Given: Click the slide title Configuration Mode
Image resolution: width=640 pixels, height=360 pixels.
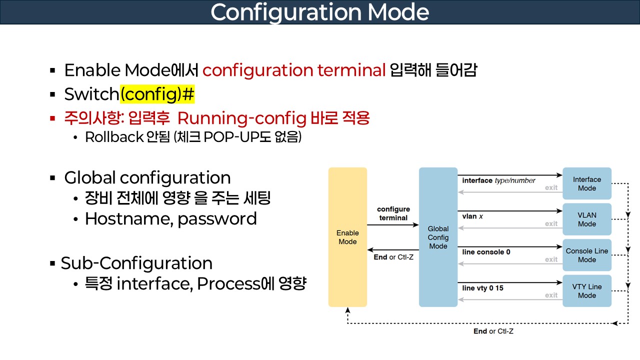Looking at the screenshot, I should [320, 12].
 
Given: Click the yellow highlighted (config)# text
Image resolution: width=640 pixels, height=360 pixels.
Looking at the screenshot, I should [157, 94].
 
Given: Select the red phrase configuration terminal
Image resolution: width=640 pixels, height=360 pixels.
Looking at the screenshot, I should [294, 70].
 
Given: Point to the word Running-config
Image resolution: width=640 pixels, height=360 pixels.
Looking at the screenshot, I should [241, 118].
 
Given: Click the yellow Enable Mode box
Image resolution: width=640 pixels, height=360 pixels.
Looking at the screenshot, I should [347, 237].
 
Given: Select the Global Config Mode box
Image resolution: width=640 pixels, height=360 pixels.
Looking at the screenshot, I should [438, 237].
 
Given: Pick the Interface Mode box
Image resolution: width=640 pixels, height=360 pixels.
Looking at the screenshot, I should [587, 183].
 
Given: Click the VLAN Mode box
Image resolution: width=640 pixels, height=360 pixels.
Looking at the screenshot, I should [587, 219].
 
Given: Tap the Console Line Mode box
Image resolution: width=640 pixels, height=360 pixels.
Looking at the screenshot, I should [587, 255].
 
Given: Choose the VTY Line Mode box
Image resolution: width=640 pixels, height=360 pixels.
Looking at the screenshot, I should [587, 291].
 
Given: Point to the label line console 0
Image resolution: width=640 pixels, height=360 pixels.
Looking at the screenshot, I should [486, 252].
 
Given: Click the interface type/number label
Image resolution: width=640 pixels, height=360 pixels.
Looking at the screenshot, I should [499, 180].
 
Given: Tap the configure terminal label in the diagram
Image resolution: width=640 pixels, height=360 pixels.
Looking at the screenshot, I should [393, 213].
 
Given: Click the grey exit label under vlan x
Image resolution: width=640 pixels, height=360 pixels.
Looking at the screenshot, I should [551, 223].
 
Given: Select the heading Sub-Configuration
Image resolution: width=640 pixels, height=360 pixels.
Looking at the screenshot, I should [136, 263].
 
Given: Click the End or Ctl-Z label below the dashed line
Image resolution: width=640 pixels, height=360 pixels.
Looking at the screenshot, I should [493, 331].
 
